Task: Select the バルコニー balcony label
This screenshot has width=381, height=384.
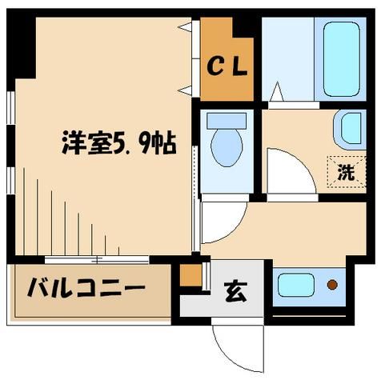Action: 88,286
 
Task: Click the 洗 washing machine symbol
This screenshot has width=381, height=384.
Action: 344,170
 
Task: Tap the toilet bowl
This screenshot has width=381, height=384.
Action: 227,150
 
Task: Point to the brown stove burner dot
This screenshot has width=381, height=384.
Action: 332,284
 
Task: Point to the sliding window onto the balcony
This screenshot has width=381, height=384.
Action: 96,259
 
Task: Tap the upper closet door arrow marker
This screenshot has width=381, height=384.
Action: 186,27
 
